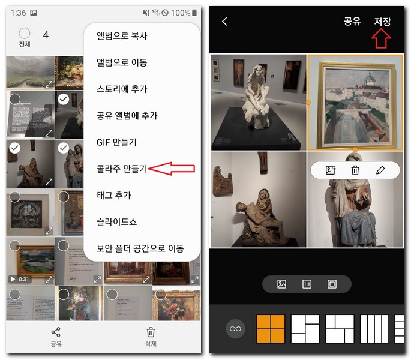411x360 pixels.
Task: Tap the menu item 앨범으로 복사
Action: (122, 36)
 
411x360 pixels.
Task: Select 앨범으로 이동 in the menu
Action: (122, 62)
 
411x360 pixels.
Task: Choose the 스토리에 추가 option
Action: (122, 89)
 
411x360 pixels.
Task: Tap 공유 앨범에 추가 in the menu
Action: (127, 116)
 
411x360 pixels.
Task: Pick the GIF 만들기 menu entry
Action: (116, 142)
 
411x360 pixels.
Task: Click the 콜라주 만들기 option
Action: (122, 169)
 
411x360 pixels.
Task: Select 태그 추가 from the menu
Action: (114, 195)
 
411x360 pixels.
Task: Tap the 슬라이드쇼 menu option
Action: (116, 221)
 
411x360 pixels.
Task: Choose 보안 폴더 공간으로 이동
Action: (140, 248)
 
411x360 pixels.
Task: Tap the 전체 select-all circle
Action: (25, 34)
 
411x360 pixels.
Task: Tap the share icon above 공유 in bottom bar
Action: (56, 332)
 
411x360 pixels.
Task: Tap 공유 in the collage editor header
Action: (352, 22)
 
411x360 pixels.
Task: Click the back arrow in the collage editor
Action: (225, 22)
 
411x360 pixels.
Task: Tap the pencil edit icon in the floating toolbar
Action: (380, 170)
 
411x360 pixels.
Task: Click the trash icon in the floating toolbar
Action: (355, 170)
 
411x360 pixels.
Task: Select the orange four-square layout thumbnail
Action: (271, 329)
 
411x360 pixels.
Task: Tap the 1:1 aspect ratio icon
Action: (307, 284)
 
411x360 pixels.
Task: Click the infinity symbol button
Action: (235, 329)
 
